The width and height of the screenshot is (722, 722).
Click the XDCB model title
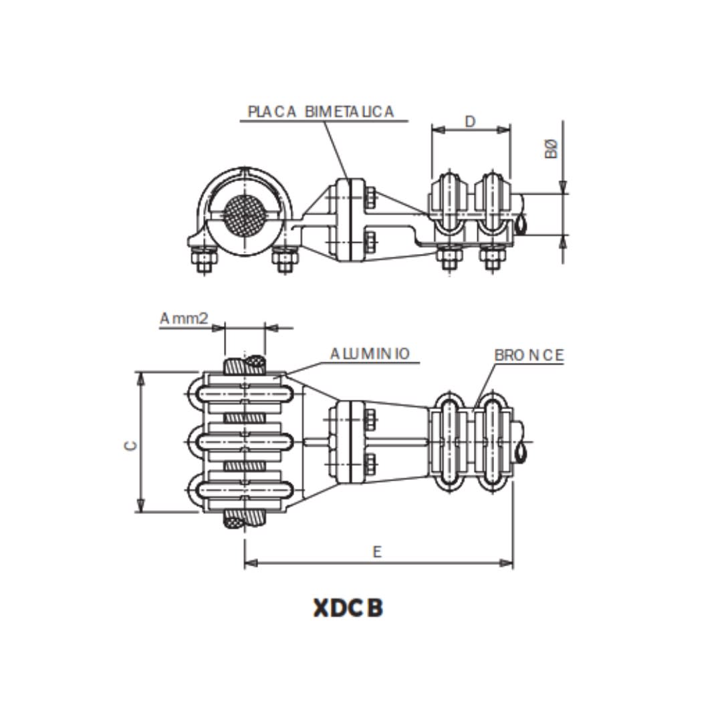pyautogui.click(x=348, y=608)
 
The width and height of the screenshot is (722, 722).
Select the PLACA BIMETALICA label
pyautogui.click(x=321, y=112)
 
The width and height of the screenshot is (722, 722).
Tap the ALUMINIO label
pyautogui.click(x=370, y=354)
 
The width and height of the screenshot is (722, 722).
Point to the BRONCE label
pyautogui.click(x=529, y=356)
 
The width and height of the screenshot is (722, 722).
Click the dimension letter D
pyautogui.click(x=470, y=121)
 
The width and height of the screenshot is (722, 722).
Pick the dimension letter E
pyautogui.click(x=378, y=552)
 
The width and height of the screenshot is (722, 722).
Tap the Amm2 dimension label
pyautogui.click(x=184, y=319)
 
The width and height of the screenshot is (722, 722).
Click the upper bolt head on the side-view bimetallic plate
pyautogui.click(x=371, y=198)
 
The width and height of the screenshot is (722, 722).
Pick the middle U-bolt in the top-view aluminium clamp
pyautogui.click(x=244, y=441)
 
